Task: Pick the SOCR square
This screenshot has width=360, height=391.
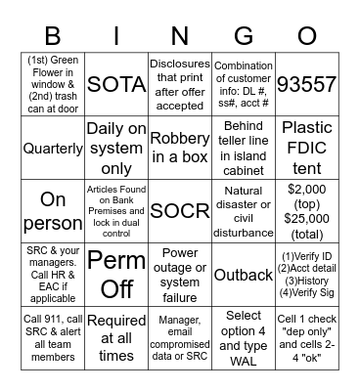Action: [x=180, y=211]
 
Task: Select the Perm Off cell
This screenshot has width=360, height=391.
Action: [x=116, y=275]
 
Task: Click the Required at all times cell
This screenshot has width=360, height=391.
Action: [x=116, y=338]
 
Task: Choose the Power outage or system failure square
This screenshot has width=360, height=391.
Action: [x=180, y=275]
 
